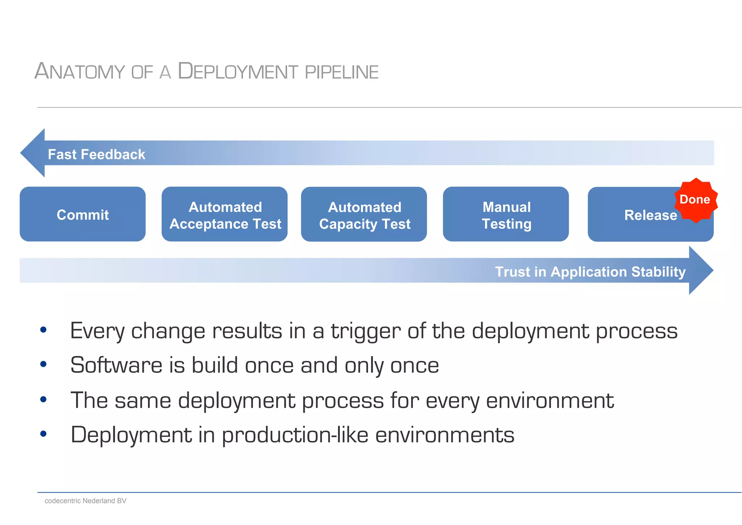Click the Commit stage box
coord(83,214)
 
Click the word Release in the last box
coord(650,216)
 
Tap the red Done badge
coord(695,200)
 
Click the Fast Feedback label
coord(96,155)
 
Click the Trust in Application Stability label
coord(590,272)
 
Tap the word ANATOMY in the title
coord(80,71)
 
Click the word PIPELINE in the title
coord(341,72)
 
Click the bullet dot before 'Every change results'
coord(43,330)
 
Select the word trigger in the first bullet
coord(366,331)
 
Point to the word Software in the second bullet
coord(116,365)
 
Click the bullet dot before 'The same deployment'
coord(43,399)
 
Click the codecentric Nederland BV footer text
coord(86,501)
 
